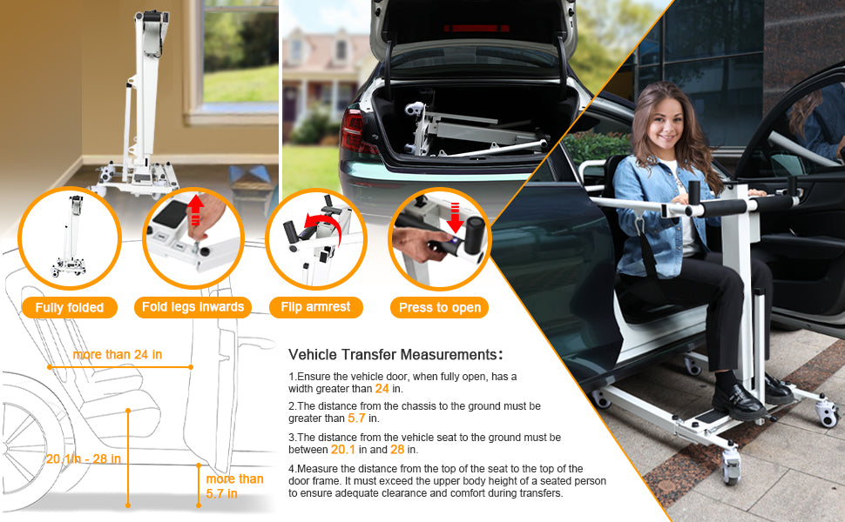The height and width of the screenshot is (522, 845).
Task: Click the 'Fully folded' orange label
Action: (70, 307)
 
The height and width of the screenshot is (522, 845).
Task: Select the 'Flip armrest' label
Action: (316, 307)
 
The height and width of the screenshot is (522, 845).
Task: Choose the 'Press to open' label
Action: (440, 307)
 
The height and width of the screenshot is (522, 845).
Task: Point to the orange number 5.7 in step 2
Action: (357, 418)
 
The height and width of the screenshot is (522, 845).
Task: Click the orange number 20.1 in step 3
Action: (342, 450)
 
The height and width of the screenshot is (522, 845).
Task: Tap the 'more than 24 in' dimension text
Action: (117, 355)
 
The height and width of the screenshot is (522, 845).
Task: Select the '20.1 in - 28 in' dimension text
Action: (84, 459)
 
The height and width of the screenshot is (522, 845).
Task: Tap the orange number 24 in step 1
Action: (381, 388)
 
